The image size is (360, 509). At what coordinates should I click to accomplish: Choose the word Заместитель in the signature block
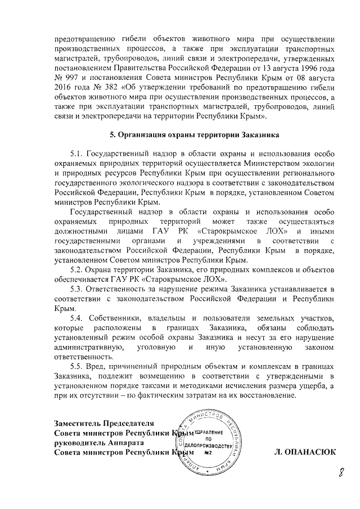[79, 424]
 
